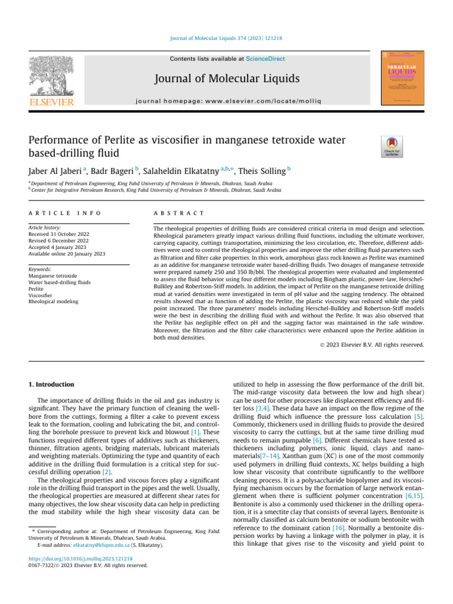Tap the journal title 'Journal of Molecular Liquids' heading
pos(226,78)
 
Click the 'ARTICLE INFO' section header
pos(64,212)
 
